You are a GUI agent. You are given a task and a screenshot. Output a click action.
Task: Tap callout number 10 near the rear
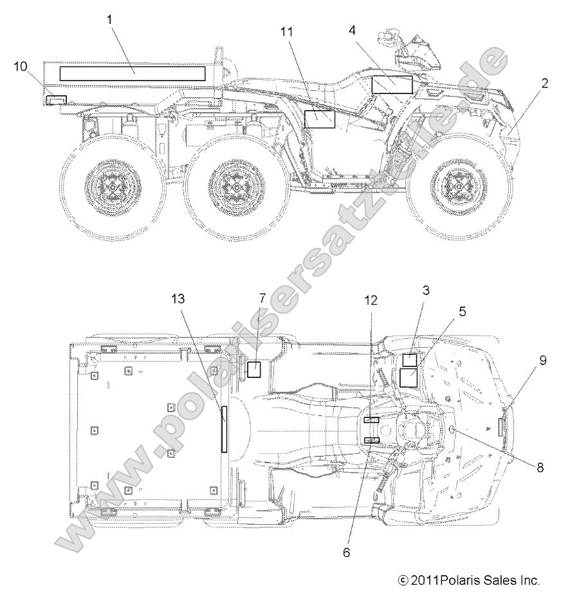click(21, 65)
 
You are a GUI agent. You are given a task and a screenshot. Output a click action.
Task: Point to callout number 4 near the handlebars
click(353, 30)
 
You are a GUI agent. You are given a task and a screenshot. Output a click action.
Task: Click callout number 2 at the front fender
click(545, 83)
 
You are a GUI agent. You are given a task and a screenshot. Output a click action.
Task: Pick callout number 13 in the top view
click(178, 298)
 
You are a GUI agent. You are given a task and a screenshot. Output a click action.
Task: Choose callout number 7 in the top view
click(262, 298)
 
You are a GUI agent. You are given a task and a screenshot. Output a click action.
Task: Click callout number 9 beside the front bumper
click(543, 361)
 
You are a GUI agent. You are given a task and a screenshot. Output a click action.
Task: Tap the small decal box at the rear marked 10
click(56, 100)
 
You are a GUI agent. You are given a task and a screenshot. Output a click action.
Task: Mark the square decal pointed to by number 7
click(254, 369)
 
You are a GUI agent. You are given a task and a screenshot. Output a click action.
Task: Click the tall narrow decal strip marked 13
click(224, 430)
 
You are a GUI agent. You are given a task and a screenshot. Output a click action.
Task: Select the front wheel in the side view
click(459, 188)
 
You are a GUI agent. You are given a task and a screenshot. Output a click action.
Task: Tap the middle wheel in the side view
click(237, 188)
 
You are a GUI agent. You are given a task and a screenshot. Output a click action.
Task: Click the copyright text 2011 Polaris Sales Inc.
click(468, 580)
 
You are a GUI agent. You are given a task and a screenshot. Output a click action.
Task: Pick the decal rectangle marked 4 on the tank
click(392, 84)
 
